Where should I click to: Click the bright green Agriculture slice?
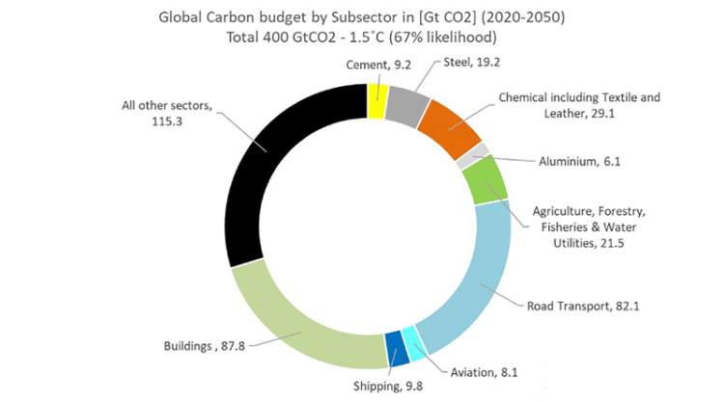[x=486, y=179]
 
